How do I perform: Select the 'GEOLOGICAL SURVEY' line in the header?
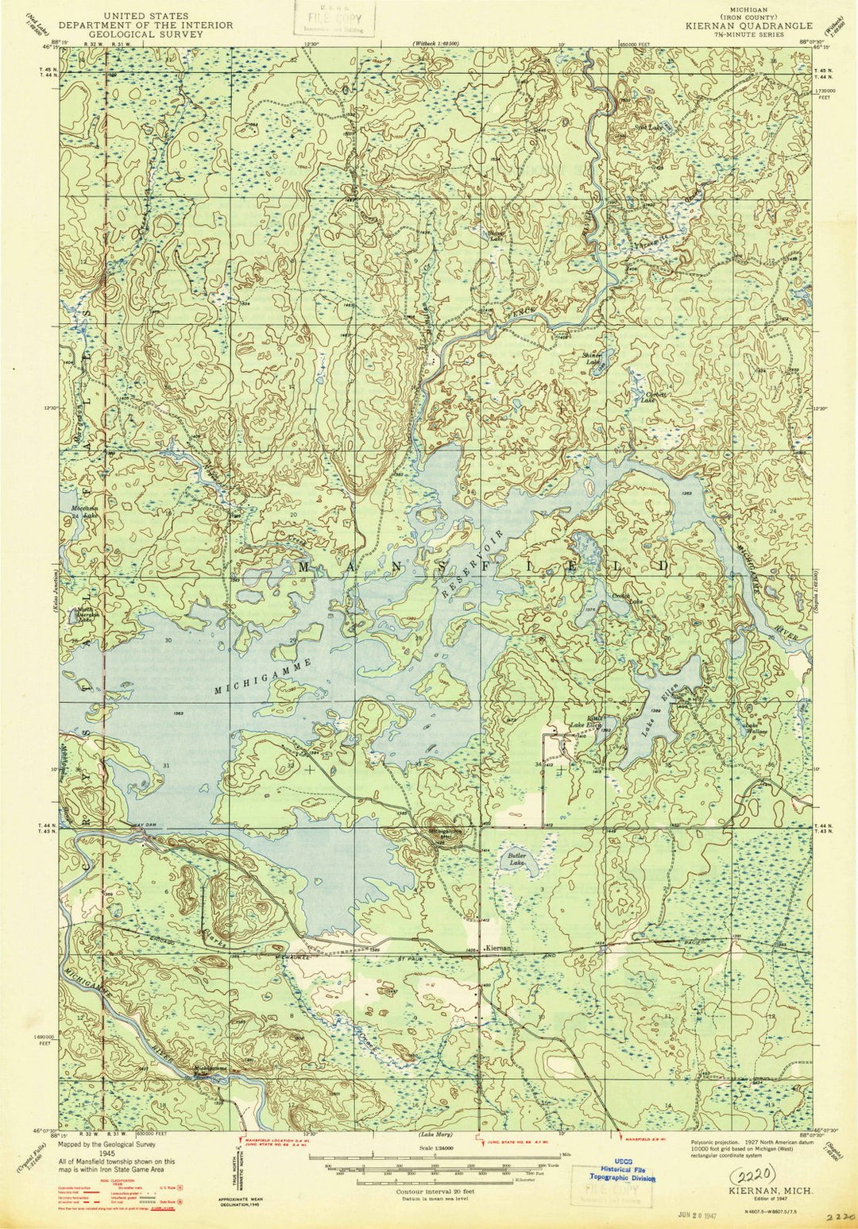click(x=145, y=35)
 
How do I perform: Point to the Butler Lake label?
click(x=516, y=859)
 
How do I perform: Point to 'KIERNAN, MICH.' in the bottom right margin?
click(x=759, y=1191)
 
